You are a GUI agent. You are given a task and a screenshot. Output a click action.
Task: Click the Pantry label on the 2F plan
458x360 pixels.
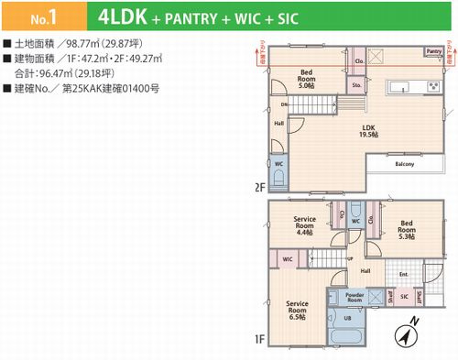[x=431, y=52]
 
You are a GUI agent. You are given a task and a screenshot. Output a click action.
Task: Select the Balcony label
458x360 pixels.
[x=405, y=165]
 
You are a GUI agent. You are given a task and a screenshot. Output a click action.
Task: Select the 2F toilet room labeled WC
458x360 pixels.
[x=278, y=166]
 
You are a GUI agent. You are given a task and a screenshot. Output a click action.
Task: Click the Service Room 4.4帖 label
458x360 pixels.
[x=305, y=224]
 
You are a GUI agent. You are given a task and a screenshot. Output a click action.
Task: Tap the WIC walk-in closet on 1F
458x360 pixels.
[x=287, y=260]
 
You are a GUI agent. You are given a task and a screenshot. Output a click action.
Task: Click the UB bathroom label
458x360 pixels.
[x=345, y=318]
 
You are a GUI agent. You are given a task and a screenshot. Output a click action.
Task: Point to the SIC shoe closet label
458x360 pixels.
[x=404, y=297]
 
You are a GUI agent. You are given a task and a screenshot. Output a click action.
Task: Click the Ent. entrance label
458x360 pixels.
[x=403, y=274]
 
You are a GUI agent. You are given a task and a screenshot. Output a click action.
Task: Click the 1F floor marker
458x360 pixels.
[x=259, y=340]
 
